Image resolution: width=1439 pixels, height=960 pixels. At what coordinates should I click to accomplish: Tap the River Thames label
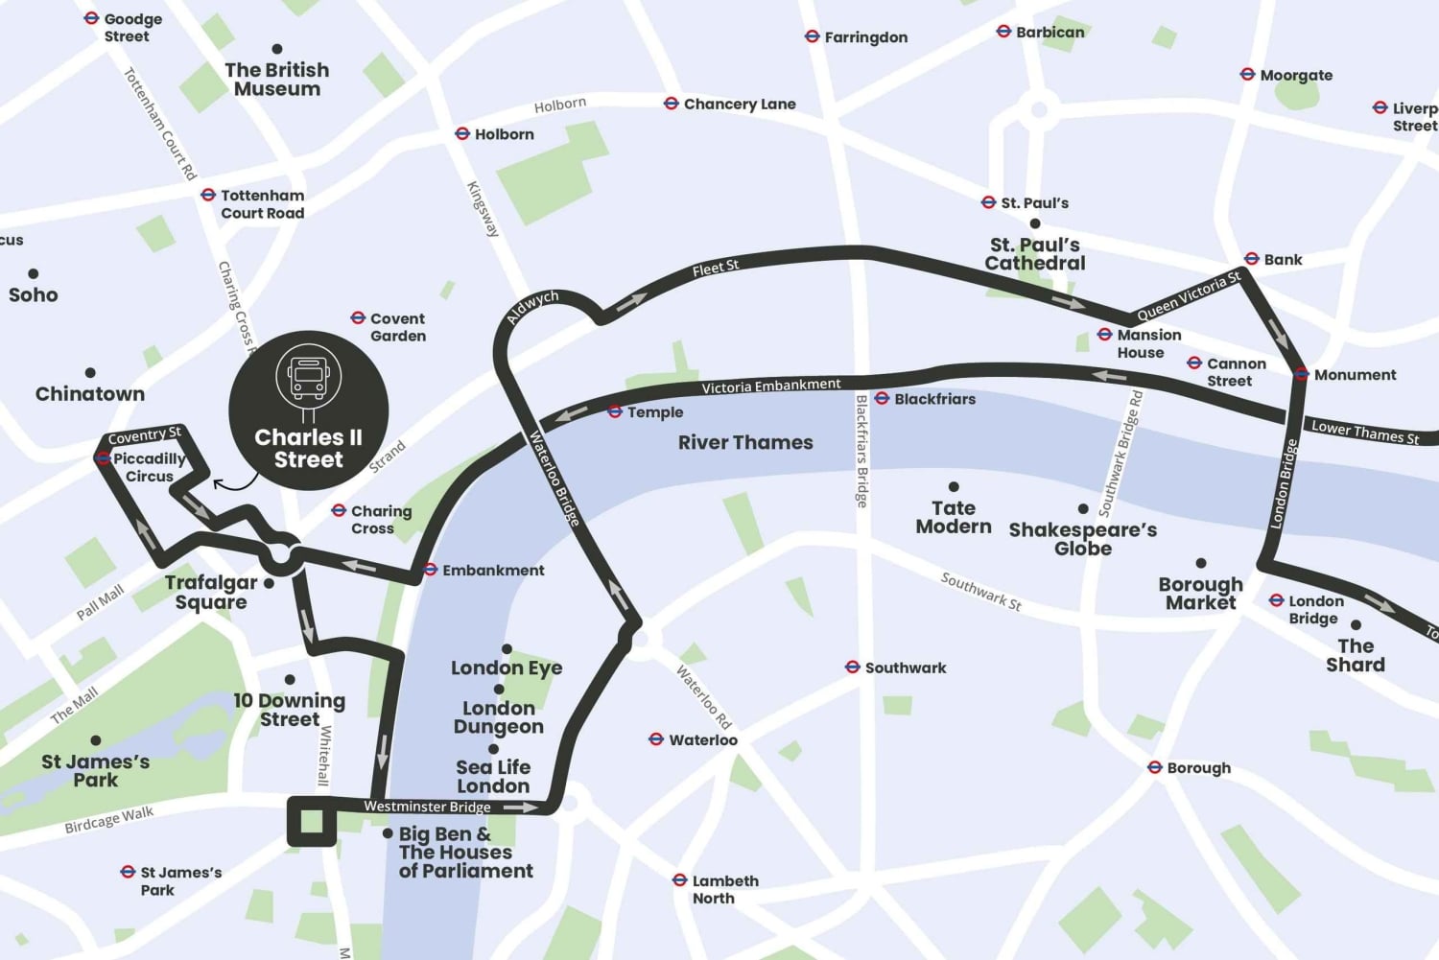[x=745, y=442]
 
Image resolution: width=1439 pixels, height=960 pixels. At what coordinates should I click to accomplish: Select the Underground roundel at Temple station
[x=615, y=411]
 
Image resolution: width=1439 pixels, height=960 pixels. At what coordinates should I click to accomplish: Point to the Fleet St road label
[x=716, y=269]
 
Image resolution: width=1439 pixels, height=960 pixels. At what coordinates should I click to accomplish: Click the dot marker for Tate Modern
[x=954, y=487]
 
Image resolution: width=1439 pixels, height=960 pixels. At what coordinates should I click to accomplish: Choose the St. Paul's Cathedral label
[x=1035, y=254]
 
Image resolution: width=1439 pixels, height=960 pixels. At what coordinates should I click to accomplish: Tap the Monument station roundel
[x=1302, y=374]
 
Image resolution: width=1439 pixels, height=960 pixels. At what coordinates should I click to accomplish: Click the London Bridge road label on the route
[x=1284, y=483]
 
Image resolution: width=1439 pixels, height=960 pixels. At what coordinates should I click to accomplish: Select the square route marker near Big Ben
[x=312, y=822]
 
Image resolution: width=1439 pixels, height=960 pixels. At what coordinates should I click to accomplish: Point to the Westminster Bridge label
[x=427, y=807]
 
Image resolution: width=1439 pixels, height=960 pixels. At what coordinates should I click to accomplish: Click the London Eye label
[x=507, y=667]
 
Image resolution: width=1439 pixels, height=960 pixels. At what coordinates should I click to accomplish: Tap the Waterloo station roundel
[x=656, y=739]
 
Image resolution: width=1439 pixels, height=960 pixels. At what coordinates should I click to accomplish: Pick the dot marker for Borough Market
[x=1200, y=563]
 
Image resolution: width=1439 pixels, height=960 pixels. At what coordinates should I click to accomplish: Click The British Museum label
[x=277, y=79]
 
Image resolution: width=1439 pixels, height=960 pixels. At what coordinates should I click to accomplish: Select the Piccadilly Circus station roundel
[x=103, y=458]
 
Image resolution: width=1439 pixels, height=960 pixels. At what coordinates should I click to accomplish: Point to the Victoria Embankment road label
[x=770, y=386]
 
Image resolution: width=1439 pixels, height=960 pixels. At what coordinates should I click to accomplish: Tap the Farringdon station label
[x=865, y=37]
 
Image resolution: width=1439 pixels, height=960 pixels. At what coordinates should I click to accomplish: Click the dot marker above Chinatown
[x=90, y=372]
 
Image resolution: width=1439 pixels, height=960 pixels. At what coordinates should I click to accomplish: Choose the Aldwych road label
[x=532, y=308]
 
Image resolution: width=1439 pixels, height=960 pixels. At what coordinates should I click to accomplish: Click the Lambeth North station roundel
[x=679, y=880]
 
